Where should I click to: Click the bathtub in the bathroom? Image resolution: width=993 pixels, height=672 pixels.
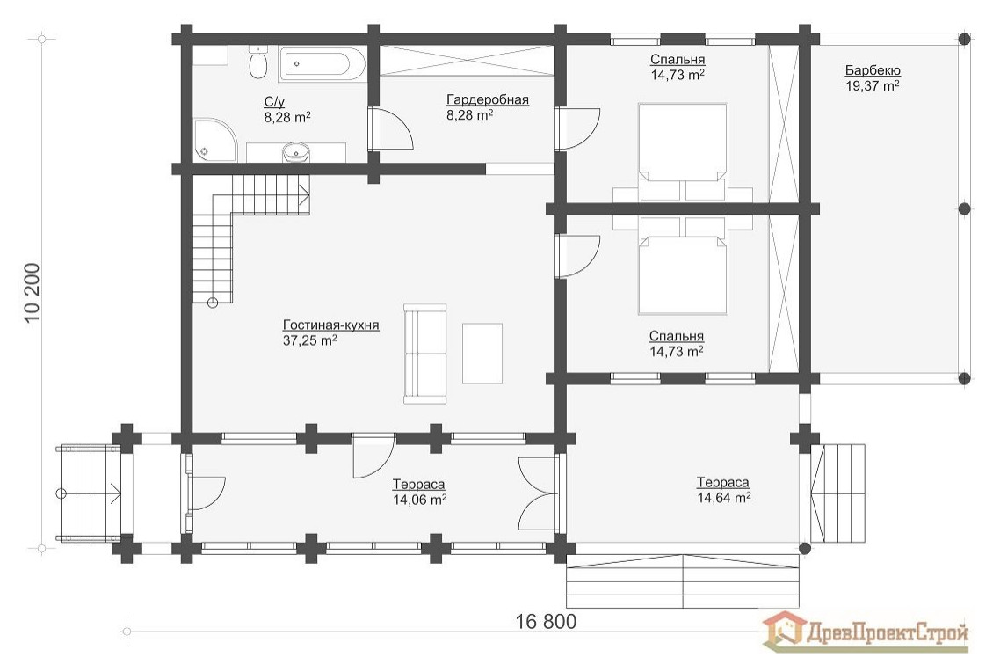click(322, 64)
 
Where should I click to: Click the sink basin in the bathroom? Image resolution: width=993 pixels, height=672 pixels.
click(295, 154)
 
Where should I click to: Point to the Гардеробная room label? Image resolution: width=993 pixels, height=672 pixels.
click(487, 100)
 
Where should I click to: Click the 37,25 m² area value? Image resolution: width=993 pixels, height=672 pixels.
click(305, 340)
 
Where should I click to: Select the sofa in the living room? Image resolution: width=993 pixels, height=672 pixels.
click(424, 354)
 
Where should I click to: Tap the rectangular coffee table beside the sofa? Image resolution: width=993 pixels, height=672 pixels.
click(482, 353)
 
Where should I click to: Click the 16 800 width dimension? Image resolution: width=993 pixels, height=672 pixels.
click(546, 622)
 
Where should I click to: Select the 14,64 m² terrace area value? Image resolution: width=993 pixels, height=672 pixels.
click(723, 498)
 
